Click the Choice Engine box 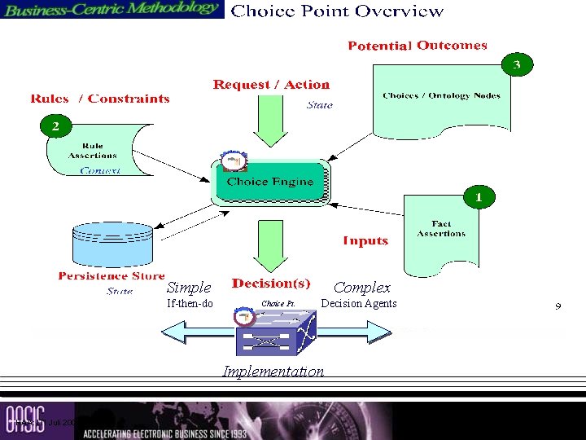click(x=270, y=183)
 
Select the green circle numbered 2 click(x=55, y=125)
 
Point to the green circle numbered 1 click(x=479, y=196)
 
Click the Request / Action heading click(x=271, y=85)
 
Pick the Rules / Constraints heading click(x=100, y=99)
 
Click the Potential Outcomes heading click(x=418, y=46)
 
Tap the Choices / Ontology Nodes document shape click(x=441, y=98)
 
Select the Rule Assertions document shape click(x=94, y=152)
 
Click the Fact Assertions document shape click(x=440, y=231)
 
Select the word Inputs click(x=365, y=240)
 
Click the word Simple click(x=189, y=288)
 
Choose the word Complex click(x=362, y=288)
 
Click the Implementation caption click(x=273, y=372)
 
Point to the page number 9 click(x=558, y=306)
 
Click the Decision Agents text click(x=359, y=304)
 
